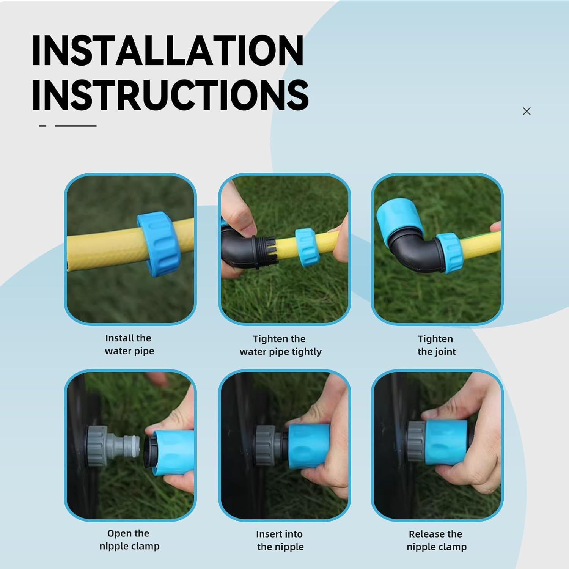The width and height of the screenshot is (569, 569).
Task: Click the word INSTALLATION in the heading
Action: click(x=168, y=50)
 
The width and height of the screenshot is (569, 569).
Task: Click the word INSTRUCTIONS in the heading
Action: click(x=170, y=95)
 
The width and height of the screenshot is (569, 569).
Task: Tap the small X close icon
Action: click(x=527, y=111)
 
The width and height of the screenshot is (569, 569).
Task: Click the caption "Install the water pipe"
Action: click(x=129, y=344)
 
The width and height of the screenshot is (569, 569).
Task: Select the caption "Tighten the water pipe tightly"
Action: click(x=280, y=345)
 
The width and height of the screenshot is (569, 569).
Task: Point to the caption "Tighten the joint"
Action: click(x=436, y=345)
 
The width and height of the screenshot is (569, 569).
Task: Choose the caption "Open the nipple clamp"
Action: click(x=129, y=540)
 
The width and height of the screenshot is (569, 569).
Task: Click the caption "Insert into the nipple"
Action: click(x=280, y=541)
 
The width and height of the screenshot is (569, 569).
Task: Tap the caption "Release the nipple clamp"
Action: click(x=436, y=541)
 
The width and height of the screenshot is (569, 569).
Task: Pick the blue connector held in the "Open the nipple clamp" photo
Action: click(x=173, y=451)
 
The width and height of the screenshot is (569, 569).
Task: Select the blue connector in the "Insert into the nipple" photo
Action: click(x=309, y=446)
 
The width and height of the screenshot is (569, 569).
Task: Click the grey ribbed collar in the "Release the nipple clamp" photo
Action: click(x=417, y=442)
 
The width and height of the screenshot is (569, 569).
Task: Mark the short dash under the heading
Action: click(x=43, y=126)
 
